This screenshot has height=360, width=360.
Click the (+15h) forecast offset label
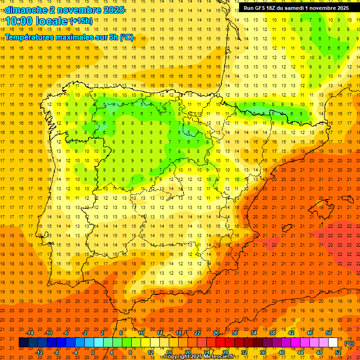81,21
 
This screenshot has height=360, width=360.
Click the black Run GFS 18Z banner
296,8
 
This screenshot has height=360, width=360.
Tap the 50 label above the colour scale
328,333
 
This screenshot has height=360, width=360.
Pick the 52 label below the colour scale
337,352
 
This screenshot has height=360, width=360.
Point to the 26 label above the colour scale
216,333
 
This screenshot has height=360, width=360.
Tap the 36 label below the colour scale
263,352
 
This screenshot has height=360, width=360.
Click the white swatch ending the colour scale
333,343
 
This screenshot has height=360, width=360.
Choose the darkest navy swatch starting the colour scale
24,343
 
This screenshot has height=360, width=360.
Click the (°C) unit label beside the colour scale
349,343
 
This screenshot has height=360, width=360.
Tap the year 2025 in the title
112,10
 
